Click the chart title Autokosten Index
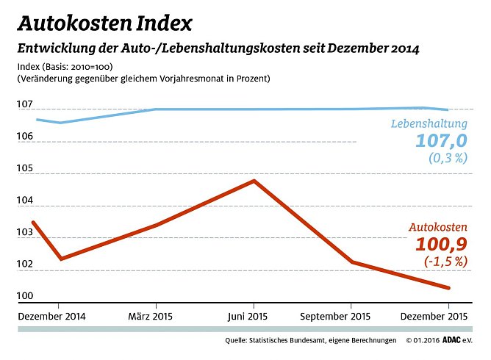point(104,24)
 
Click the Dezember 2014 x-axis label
point(51,317)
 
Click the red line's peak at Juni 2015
point(254,181)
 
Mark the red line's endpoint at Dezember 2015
point(449,288)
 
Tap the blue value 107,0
point(442,140)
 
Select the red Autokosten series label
point(439,228)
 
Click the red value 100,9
point(442,245)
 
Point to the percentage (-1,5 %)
point(446,261)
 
